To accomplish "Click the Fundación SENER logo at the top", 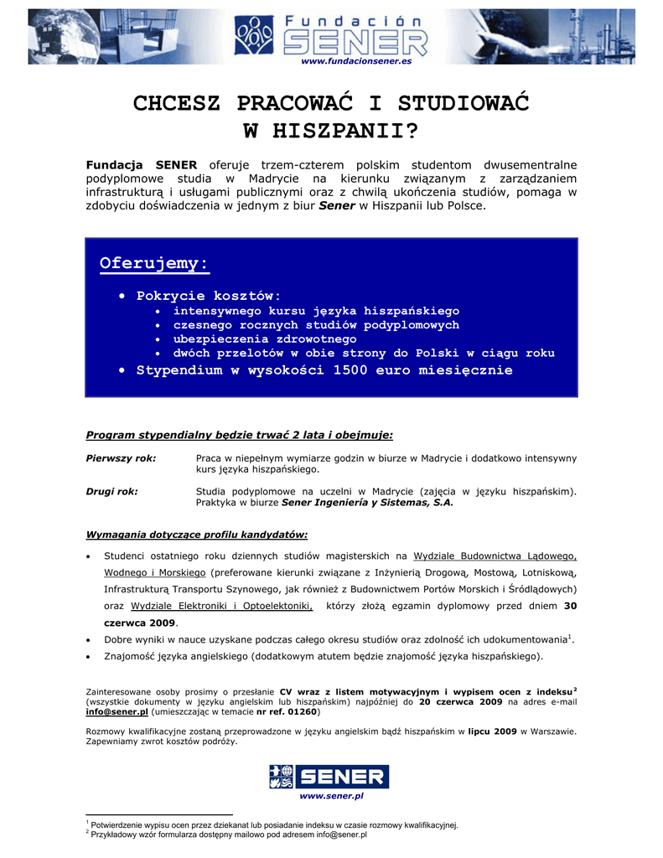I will point(330,34).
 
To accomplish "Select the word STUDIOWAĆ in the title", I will point(464,104).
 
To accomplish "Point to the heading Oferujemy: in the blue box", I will point(154,264).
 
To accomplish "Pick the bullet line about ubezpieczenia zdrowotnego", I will point(265,339).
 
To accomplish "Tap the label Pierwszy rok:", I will point(122,458).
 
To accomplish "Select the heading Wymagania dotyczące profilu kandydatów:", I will point(197,534).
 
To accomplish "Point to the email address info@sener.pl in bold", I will point(117,711).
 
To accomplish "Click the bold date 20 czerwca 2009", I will point(460,700).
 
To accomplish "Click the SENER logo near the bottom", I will point(329,777).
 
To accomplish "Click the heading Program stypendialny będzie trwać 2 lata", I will point(240,435).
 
